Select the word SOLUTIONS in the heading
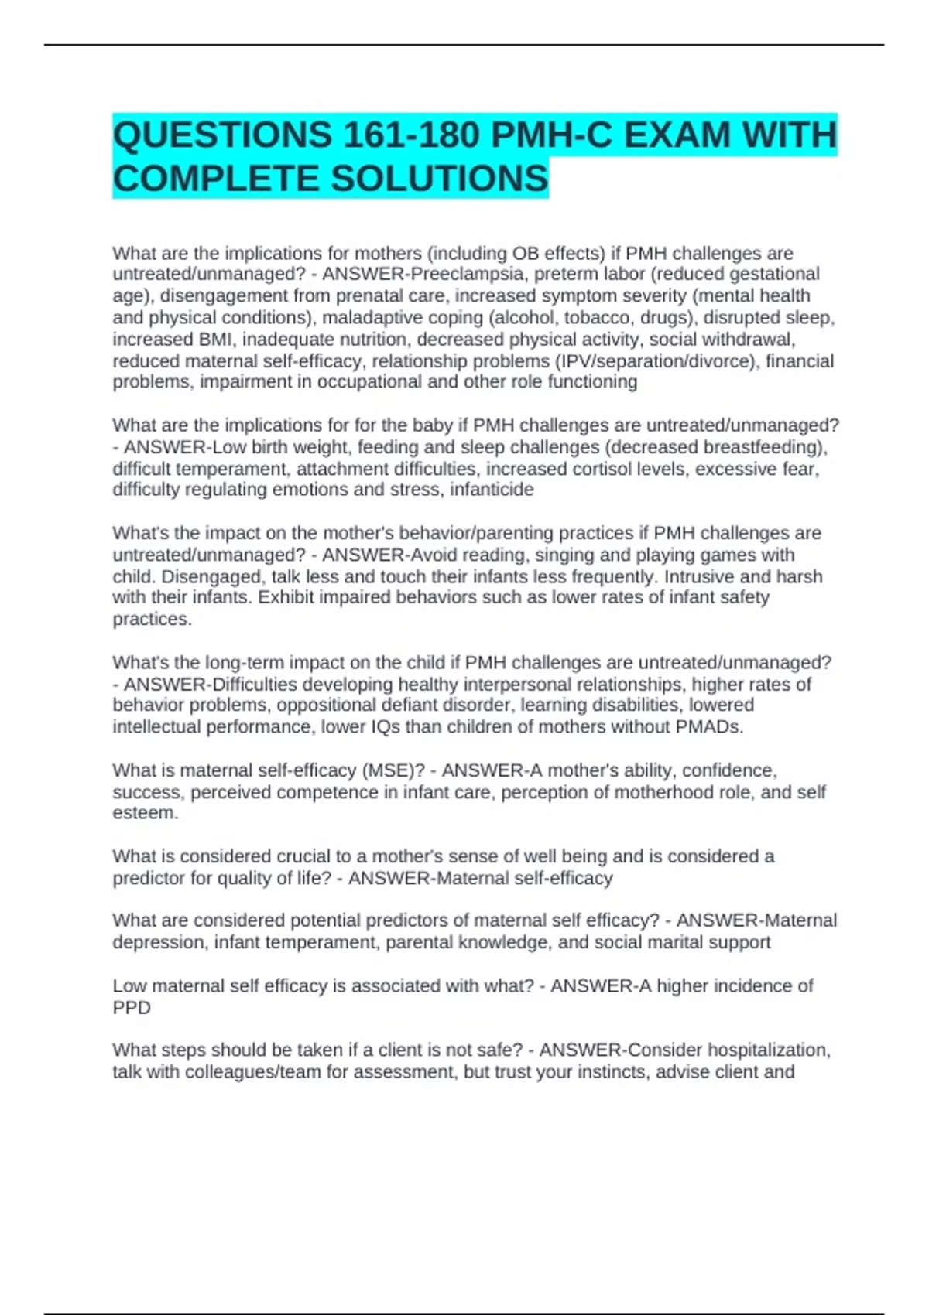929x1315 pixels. coord(440,179)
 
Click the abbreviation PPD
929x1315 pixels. coord(132,1008)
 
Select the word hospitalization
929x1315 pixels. coord(767,1050)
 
